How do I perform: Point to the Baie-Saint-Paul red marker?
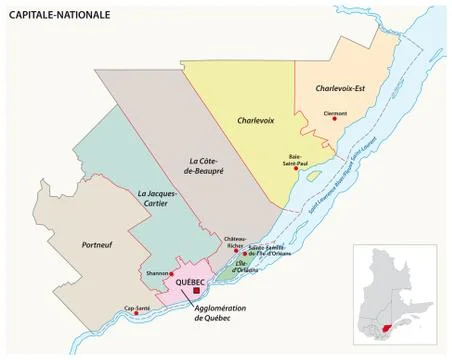point(296,169)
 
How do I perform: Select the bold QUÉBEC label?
point(189,282)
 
